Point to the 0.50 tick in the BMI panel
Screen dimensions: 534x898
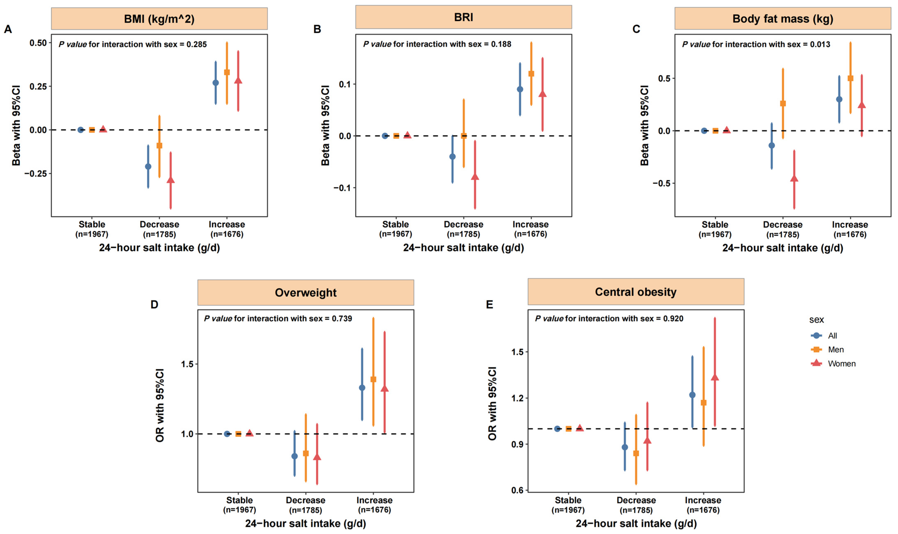click(x=38, y=43)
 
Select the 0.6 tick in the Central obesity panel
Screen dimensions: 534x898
click(x=517, y=490)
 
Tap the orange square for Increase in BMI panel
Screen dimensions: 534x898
click(x=227, y=72)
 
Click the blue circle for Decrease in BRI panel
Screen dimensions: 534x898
click(x=452, y=157)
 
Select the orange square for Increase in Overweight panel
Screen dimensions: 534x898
click(x=373, y=379)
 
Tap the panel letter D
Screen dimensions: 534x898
click(x=154, y=304)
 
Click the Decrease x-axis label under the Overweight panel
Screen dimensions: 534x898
click(x=305, y=500)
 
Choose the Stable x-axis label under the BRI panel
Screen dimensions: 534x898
click(x=395, y=224)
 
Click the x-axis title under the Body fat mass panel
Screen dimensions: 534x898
click(x=782, y=248)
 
